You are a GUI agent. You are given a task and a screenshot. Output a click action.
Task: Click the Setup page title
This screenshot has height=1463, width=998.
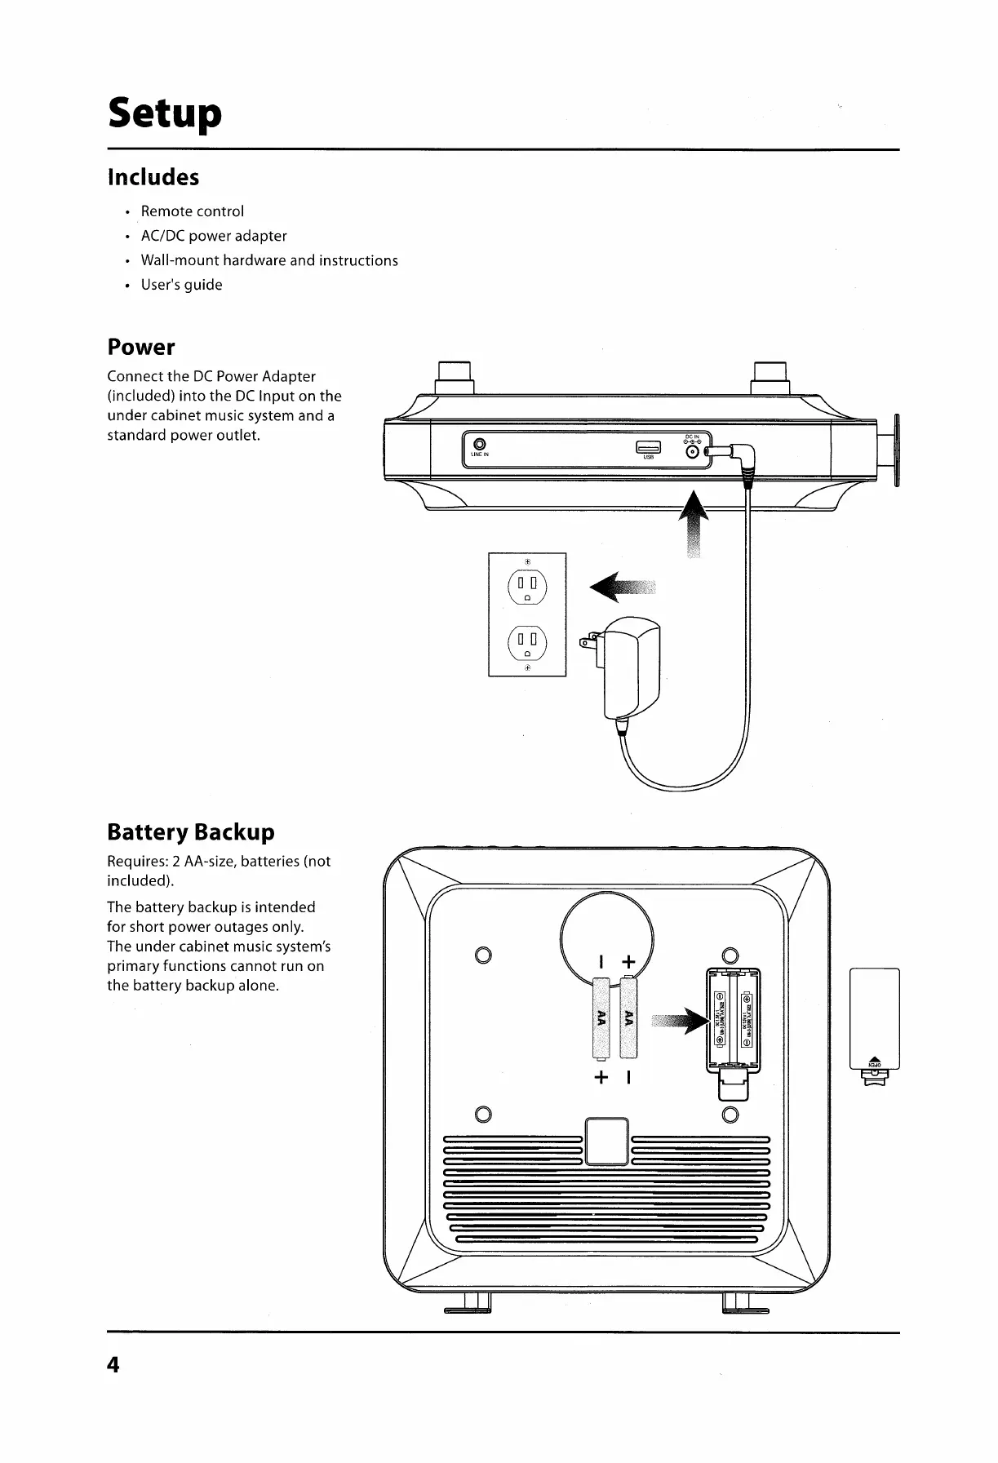coord(164,114)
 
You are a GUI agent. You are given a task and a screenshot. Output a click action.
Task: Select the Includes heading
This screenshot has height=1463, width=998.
coord(153,177)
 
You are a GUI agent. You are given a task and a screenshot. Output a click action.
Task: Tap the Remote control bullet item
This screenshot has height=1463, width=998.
coord(192,211)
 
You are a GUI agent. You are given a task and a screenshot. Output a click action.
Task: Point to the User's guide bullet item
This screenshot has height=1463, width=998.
coord(181,285)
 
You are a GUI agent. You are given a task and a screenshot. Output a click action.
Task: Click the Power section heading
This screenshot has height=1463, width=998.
coord(141,348)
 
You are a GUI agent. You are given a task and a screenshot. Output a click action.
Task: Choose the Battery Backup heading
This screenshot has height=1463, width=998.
coord(191,832)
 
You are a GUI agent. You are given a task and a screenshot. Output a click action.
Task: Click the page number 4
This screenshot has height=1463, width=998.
coord(113,1364)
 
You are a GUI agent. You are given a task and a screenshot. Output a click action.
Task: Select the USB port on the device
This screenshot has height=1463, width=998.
coord(649,446)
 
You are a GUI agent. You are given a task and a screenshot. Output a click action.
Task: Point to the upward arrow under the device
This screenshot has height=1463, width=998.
coord(694,522)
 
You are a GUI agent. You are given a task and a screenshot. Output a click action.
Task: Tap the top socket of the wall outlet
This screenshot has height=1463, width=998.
coord(527,585)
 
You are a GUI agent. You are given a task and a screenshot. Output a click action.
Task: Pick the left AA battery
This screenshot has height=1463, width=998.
coord(602,1017)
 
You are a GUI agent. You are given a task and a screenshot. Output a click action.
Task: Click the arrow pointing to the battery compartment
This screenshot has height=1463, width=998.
coord(679,1020)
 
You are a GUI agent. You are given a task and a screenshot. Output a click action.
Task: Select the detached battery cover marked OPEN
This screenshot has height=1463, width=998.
coord(874,1020)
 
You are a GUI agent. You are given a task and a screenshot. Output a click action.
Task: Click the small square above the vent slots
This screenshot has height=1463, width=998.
coord(607,1142)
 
